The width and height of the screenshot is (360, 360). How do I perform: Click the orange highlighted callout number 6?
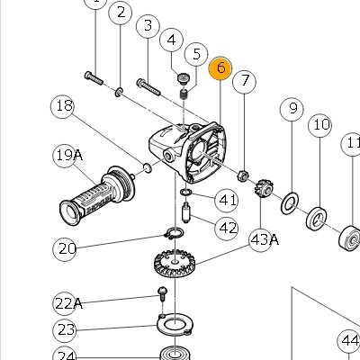(x=220, y=68)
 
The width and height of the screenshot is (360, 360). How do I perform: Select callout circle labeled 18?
(x=63, y=106)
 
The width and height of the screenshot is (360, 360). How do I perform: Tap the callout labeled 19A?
(x=67, y=156)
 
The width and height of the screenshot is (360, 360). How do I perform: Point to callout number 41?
(x=227, y=201)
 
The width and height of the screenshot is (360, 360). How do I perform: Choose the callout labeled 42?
(x=227, y=229)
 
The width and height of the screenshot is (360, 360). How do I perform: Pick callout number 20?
(x=65, y=248)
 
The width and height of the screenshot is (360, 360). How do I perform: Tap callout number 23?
(x=65, y=330)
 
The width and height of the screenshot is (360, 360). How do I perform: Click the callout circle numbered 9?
(x=292, y=109)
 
